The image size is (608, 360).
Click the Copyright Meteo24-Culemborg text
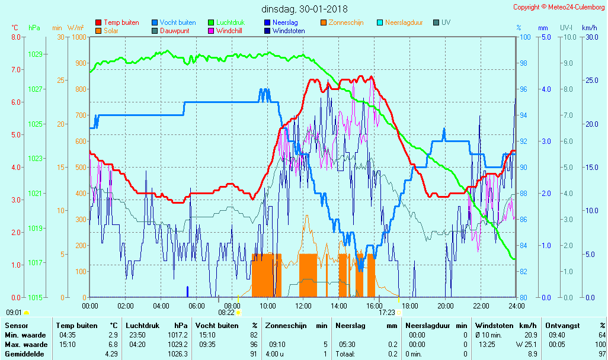[559, 7]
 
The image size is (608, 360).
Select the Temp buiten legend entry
[121, 22]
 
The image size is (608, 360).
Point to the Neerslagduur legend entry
[404, 22]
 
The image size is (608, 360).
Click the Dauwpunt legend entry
[175, 31]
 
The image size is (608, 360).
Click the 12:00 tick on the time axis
[303, 306]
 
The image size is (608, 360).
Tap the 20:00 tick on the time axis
[446, 306]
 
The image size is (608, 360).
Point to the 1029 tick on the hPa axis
[35, 54]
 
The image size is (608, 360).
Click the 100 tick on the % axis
[524, 37]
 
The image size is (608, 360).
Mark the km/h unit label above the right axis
[589, 28]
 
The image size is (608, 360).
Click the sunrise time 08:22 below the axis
[226, 313]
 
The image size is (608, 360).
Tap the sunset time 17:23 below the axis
[387, 313]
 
